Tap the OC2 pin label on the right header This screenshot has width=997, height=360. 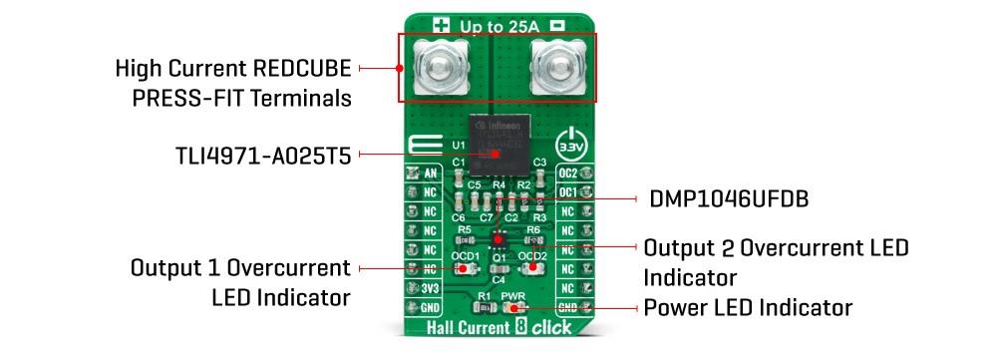coord(565,174)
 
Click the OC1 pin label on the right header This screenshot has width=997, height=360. coord(565,192)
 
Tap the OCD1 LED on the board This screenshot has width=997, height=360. coord(465,267)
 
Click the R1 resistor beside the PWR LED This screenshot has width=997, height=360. coord(483,308)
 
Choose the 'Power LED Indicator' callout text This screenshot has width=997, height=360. coord(748,307)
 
